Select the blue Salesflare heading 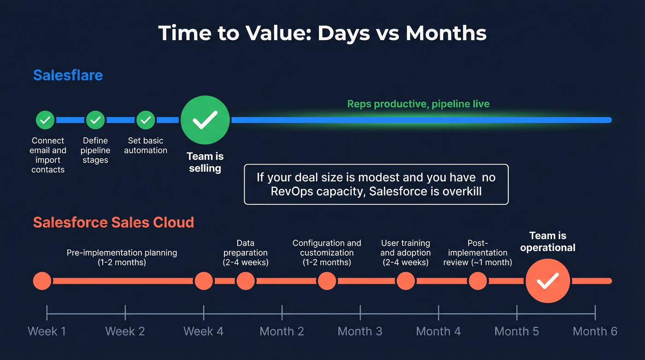pos(68,75)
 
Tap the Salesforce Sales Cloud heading pos(113,222)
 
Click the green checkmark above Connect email pos(45,120)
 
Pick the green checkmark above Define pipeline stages pos(95,120)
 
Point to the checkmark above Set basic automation pos(146,120)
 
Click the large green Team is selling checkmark pos(205,120)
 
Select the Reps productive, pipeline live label pos(418,104)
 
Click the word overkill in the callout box pos(458,191)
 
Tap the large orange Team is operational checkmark pos(548,281)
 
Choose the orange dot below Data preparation pos(246,281)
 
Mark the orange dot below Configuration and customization pos(327,281)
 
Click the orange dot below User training pos(405,281)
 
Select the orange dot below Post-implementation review pos(477,281)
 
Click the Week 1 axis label pos(47,331)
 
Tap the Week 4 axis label pos(203,331)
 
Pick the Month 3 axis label pos(360,331)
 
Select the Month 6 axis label pos(595,331)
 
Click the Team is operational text pos(548,242)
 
